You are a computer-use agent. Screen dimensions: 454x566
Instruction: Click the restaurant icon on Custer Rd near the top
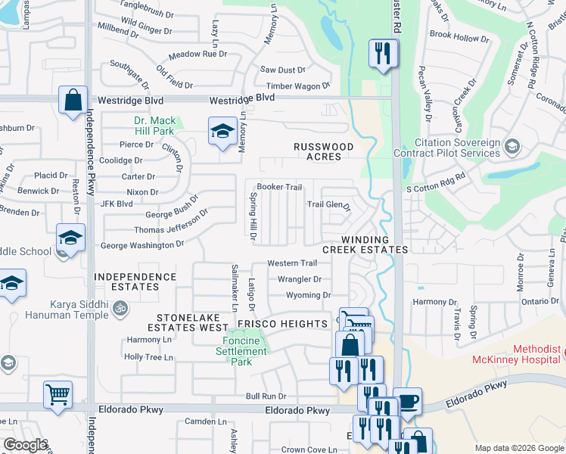click(383, 54)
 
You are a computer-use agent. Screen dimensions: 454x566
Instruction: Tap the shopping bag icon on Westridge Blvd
click(72, 100)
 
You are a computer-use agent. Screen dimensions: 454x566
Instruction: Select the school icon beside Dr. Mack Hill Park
click(222, 131)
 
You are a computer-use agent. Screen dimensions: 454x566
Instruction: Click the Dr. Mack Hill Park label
click(154, 126)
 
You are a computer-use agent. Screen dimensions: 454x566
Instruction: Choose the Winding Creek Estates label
click(365, 244)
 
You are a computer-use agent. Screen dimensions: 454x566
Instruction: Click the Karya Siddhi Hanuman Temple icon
click(119, 308)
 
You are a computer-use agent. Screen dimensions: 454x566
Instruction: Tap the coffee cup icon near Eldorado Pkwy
click(408, 401)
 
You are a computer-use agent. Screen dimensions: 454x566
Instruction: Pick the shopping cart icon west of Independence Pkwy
click(58, 393)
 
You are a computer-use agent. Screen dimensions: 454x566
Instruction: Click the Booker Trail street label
click(279, 187)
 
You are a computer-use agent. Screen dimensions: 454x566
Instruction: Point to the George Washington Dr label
click(142, 245)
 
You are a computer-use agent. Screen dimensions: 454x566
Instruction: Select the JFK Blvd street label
click(116, 204)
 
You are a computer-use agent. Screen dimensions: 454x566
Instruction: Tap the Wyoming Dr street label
click(308, 295)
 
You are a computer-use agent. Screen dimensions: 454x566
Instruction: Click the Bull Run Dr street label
click(266, 396)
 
